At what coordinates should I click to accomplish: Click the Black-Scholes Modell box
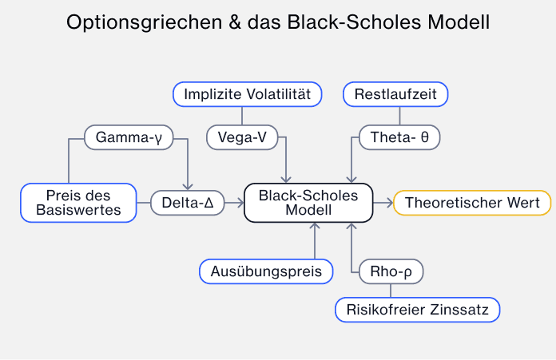(x=308, y=203)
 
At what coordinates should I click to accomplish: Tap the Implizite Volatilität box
(x=247, y=94)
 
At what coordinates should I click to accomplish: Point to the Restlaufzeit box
(x=395, y=94)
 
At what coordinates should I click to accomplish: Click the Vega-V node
(x=241, y=137)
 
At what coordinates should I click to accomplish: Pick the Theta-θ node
(x=399, y=137)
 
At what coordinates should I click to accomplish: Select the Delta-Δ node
(x=187, y=203)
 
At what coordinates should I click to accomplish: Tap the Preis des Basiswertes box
(x=78, y=203)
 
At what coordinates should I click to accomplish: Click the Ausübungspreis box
(x=265, y=271)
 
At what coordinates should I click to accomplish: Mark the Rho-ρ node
(x=391, y=271)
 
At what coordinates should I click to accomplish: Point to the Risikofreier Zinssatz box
(x=418, y=309)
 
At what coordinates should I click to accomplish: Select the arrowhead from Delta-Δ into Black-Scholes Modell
(x=239, y=203)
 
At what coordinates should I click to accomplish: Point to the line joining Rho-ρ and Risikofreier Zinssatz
(x=391, y=291)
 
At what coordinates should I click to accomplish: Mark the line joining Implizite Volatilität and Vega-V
(x=241, y=116)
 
